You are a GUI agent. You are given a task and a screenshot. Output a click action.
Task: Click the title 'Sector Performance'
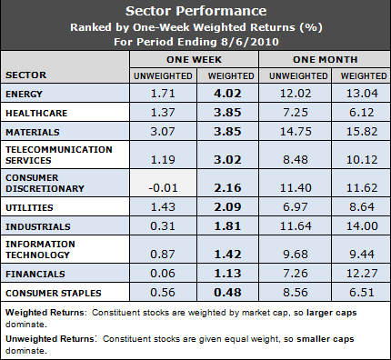pos(195,12)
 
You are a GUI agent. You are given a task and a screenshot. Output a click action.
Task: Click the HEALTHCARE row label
pos(40,112)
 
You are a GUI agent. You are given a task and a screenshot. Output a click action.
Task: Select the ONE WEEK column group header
pos(195,57)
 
